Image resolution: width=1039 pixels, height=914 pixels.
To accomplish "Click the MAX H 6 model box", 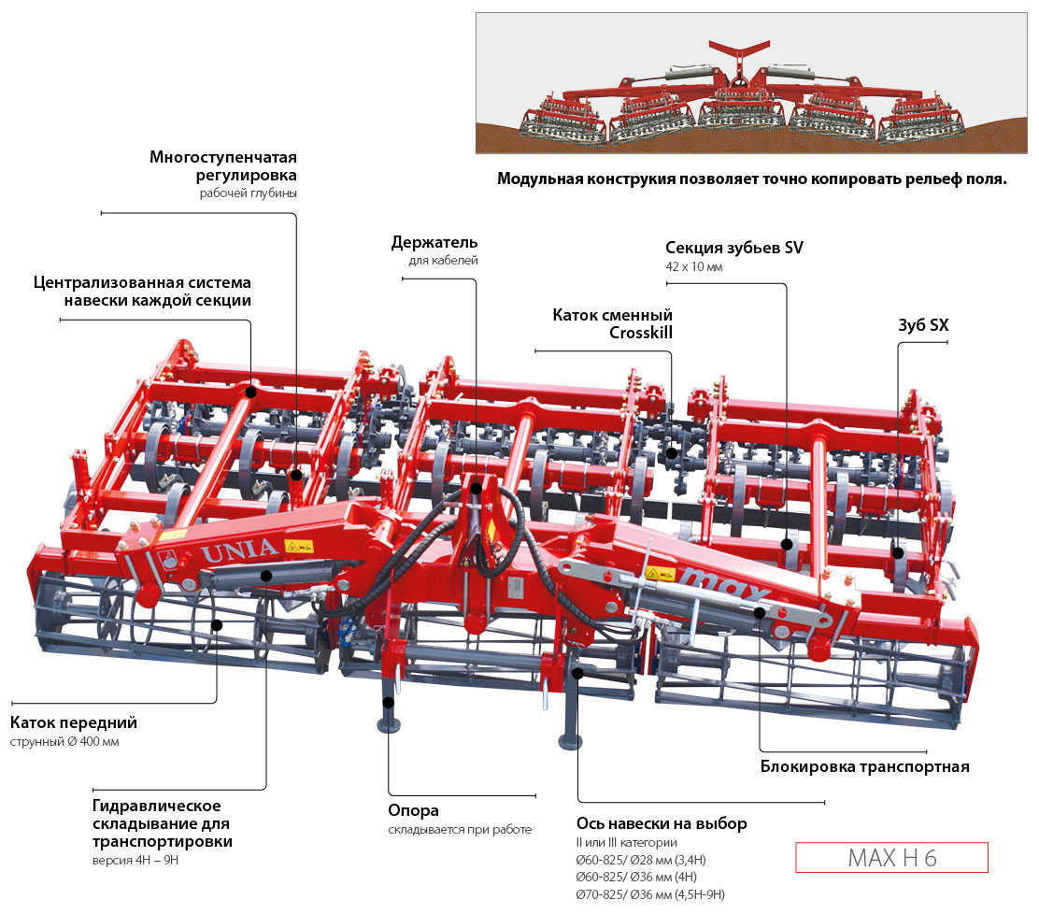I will click(891, 858).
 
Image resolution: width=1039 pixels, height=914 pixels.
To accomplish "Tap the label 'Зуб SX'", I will click(922, 327).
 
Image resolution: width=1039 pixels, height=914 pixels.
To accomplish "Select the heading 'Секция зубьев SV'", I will click(733, 248).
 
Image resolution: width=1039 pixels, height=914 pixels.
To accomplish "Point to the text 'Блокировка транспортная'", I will click(864, 767).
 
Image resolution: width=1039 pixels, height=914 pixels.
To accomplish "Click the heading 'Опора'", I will click(413, 811).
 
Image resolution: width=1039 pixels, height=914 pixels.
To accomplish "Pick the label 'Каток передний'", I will click(74, 722).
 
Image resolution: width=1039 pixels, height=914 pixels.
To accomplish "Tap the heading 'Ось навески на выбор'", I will click(662, 824).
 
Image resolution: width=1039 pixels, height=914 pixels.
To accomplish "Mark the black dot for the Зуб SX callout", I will click(898, 552).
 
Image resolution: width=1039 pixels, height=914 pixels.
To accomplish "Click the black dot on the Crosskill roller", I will click(671, 452).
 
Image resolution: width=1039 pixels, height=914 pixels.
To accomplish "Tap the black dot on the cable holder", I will click(477, 488).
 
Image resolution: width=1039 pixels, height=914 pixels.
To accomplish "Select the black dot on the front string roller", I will click(217, 624).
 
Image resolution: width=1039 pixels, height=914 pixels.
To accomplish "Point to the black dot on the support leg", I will click(388, 702).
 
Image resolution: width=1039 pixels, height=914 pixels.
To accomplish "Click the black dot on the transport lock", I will click(759, 613).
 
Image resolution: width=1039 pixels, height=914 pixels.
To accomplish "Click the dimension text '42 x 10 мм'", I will click(693, 267).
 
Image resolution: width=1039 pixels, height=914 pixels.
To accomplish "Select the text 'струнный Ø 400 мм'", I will click(64, 742).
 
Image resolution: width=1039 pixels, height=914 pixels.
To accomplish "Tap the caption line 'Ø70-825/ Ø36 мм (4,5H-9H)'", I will click(650, 894).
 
